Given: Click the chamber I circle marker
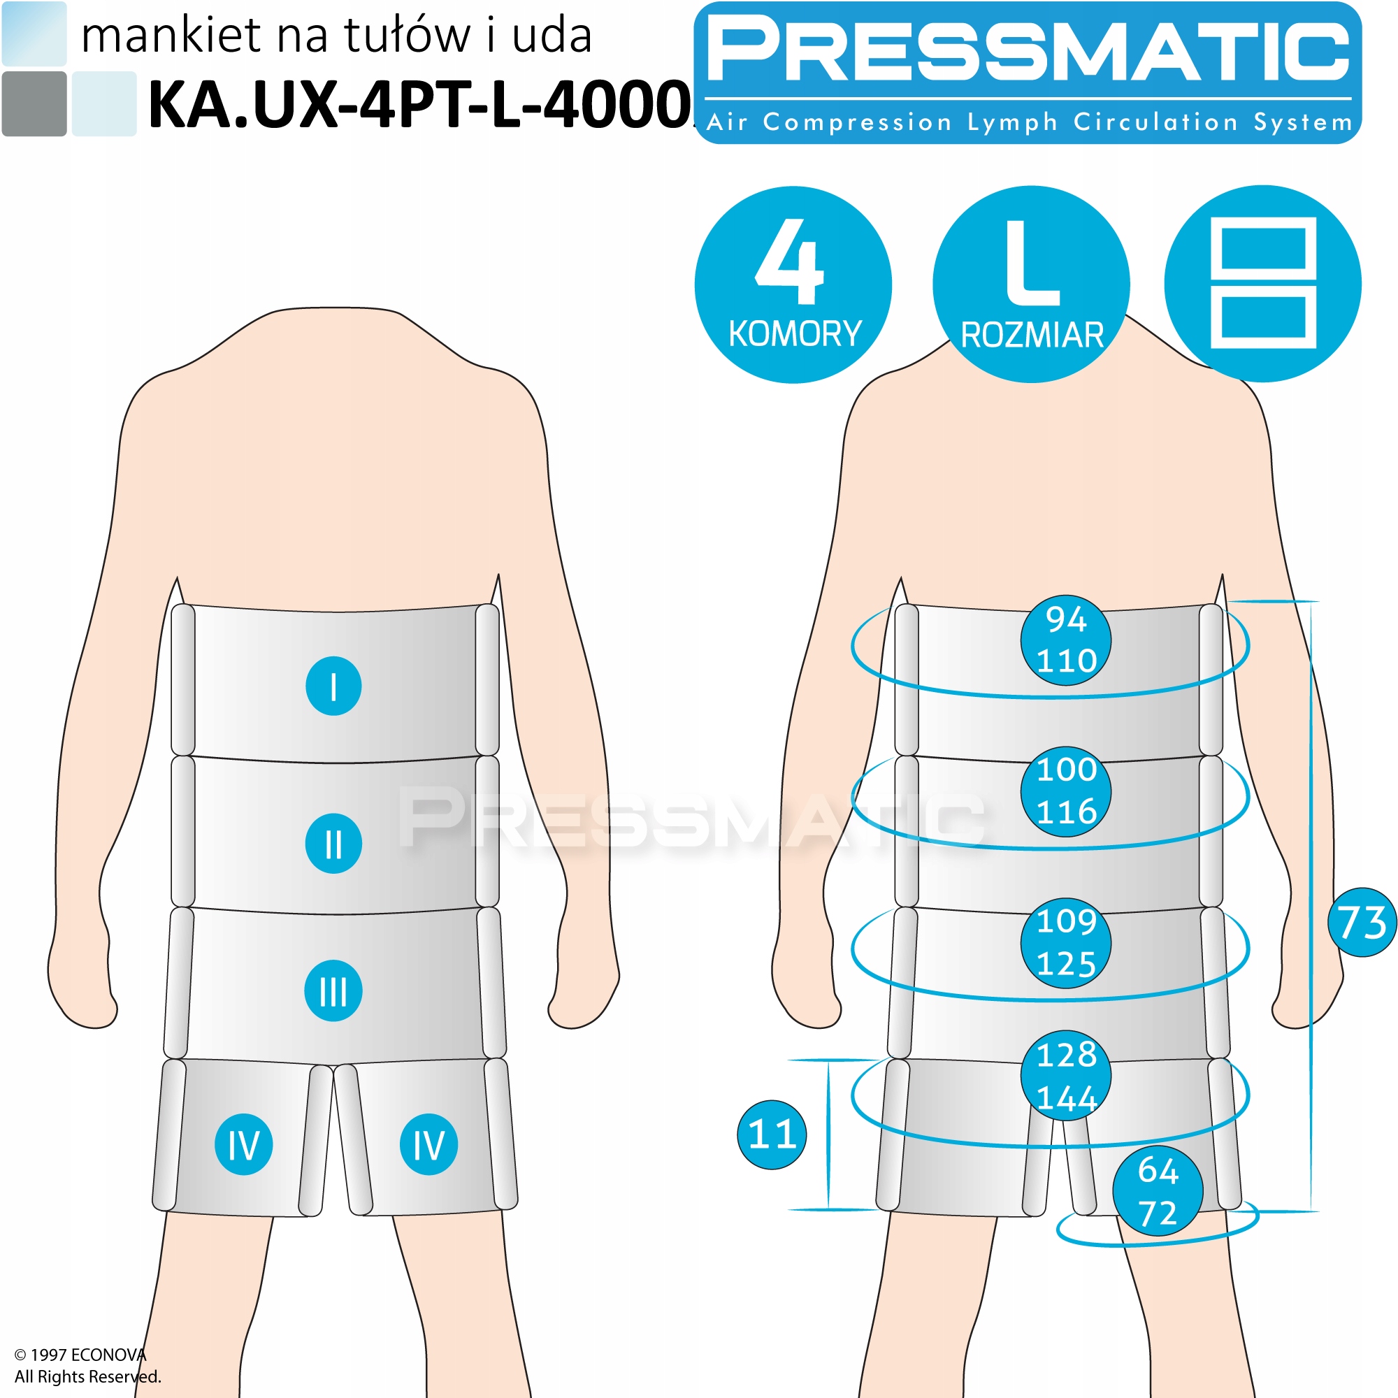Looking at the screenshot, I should pyautogui.click(x=333, y=686).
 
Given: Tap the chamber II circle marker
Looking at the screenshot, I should pyautogui.click(x=333, y=844).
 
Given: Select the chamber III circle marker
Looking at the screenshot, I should pyautogui.click(x=333, y=990).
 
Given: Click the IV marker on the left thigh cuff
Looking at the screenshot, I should pyautogui.click(x=244, y=1145).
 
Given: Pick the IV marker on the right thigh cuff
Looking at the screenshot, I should pyautogui.click(x=429, y=1145).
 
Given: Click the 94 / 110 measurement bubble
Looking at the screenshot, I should pyautogui.click(x=1066, y=640).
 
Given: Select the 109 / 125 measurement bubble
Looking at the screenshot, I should pyautogui.click(x=1066, y=943).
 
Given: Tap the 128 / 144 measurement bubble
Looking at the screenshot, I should pyautogui.click(x=1066, y=1076).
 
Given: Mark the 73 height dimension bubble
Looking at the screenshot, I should pyautogui.click(x=1362, y=923).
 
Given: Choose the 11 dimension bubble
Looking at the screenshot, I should pyautogui.click(x=772, y=1134).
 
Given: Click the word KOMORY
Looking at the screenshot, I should pyautogui.click(x=795, y=334).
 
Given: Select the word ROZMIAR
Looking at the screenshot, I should pyautogui.click(x=1032, y=336).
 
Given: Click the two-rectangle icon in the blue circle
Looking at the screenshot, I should pyautogui.click(x=1262, y=284).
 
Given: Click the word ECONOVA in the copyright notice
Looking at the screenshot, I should pyautogui.click(x=108, y=1355).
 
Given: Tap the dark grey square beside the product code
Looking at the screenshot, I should pyautogui.click(x=34, y=103).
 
